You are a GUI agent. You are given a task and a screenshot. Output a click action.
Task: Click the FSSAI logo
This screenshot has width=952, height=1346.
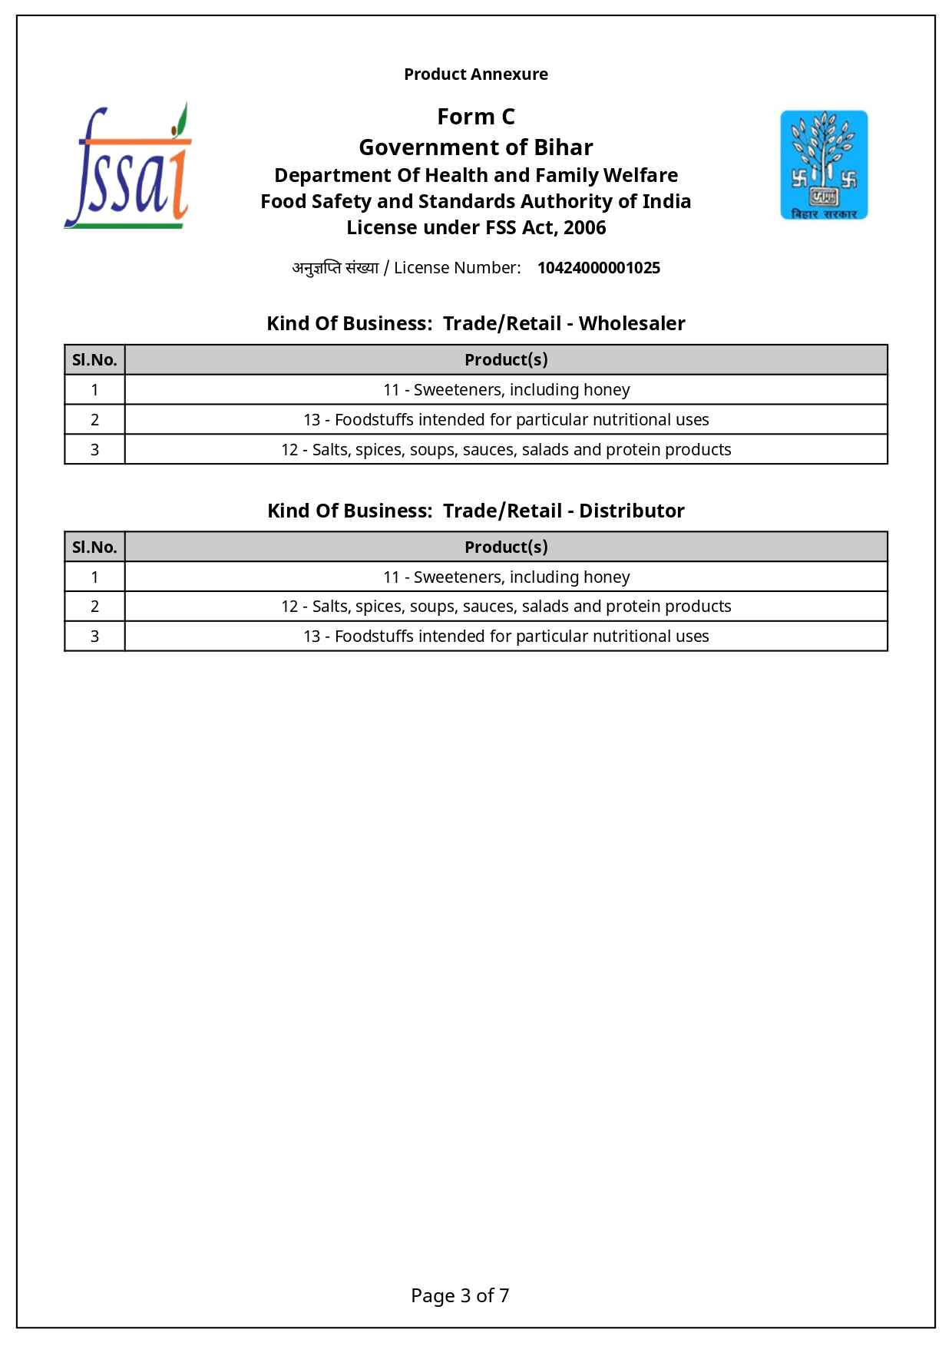127,167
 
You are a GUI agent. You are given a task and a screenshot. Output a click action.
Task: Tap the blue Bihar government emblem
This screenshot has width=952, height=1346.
824,165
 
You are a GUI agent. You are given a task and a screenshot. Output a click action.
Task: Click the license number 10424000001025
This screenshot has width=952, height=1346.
598,268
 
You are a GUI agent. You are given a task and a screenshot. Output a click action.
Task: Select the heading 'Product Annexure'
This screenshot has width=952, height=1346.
476,74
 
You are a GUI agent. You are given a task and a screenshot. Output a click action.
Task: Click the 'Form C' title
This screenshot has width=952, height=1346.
476,117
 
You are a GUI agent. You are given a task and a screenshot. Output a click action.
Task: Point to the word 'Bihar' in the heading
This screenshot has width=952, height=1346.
564,147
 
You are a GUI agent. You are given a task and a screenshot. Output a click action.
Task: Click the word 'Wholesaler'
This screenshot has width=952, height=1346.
632,323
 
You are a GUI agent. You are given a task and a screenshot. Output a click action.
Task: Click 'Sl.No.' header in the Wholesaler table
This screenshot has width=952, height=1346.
94,360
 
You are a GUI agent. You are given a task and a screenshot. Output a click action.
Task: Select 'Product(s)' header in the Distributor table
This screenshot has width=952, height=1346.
506,547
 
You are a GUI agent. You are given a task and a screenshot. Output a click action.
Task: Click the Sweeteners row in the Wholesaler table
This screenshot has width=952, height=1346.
506,390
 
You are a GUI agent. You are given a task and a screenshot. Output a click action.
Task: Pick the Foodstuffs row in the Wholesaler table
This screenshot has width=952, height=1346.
506,420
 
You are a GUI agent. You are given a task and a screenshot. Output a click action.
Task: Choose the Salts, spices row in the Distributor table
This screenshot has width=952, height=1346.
506,607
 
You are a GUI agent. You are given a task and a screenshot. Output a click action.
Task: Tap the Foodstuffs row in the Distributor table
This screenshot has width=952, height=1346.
506,637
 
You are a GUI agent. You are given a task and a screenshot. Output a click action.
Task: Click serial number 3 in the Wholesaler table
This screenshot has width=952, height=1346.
94,450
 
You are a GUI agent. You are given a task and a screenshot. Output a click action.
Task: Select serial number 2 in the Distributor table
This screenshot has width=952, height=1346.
94,607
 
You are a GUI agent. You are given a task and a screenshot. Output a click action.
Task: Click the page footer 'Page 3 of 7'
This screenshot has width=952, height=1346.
460,1295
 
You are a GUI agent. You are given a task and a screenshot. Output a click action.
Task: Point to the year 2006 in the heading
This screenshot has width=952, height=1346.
585,228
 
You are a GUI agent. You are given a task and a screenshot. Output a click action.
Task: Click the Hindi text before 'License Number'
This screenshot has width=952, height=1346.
336,268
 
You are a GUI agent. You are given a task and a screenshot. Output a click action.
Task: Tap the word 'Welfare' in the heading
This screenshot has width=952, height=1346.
640,176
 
